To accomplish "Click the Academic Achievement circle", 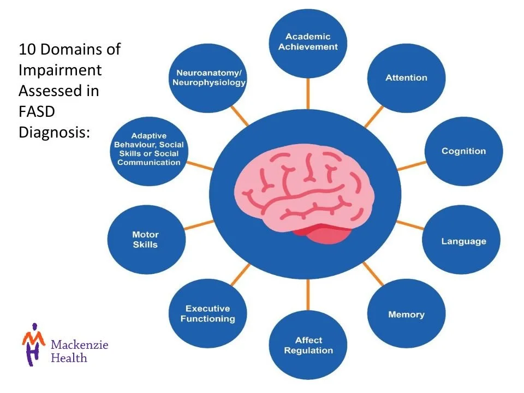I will click(308, 41).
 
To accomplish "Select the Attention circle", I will click(406, 78).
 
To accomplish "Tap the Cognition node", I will click(463, 151).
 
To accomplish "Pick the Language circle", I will click(463, 241).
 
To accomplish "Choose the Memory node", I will click(406, 314).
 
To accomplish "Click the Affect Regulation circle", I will click(308, 344).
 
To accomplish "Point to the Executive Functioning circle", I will click(207, 314).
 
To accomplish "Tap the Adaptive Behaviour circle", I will click(148, 149).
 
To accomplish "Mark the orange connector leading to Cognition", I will click(412, 165).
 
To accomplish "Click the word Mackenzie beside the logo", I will click(80, 345).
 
